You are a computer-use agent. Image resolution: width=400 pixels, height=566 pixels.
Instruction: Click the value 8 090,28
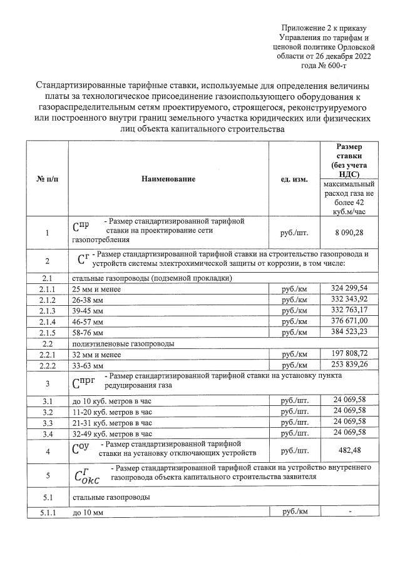click(351, 233)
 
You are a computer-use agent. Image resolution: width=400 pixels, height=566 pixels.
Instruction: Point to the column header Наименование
click(168, 179)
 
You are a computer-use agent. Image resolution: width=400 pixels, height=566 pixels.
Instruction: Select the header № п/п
click(47, 179)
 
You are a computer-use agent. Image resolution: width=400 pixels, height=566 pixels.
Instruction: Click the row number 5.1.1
click(47, 513)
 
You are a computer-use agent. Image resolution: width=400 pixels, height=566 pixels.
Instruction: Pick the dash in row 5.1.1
click(351, 513)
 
